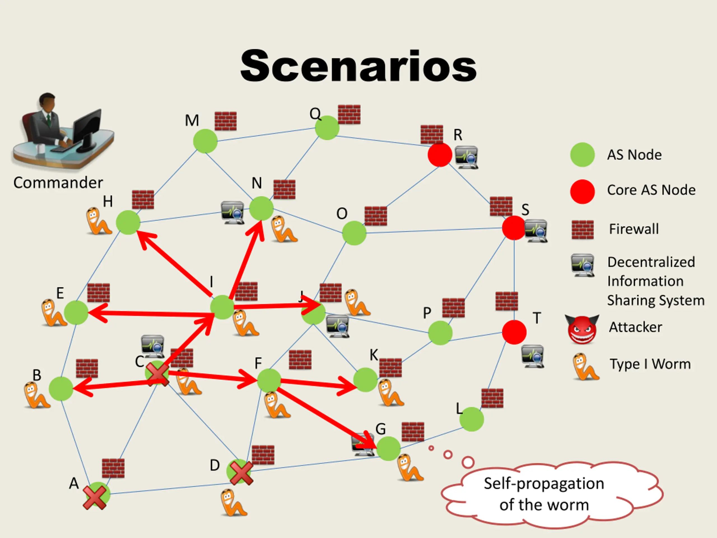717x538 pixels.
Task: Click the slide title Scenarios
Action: [x=358, y=66]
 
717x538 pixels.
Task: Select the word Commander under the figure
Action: [x=58, y=183]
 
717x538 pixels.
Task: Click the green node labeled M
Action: [x=205, y=141]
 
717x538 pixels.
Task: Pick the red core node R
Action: [x=440, y=155]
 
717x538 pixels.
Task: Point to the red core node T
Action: [x=514, y=332]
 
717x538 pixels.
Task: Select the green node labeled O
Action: [x=354, y=233]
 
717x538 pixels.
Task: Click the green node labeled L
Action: [x=472, y=419]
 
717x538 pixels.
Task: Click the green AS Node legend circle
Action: [x=583, y=155]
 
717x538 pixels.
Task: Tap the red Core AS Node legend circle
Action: [x=583, y=191]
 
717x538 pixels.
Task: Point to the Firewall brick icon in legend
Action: [x=583, y=229]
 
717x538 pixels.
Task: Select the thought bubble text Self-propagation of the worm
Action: [x=544, y=494]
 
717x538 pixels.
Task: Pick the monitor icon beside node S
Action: [x=536, y=231]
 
